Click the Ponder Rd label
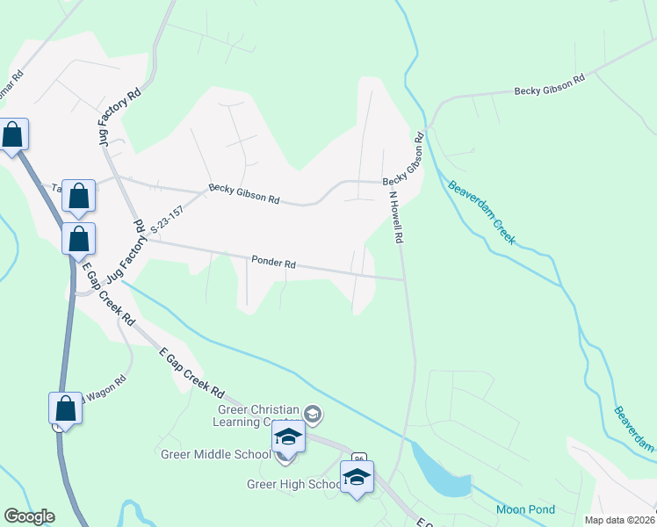click(x=273, y=262)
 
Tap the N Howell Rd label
click(x=395, y=217)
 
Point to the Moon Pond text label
click(x=525, y=509)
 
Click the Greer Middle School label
click(x=215, y=454)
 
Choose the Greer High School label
click(x=293, y=484)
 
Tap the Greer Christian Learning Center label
click(x=258, y=415)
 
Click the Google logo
click(x=29, y=516)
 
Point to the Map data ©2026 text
click(x=619, y=520)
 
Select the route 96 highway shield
click(x=358, y=458)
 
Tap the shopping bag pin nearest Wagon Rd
click(x=65, y=408)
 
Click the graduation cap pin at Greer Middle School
click(x=288, y=436)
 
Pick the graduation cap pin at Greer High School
click(x=357, y=477)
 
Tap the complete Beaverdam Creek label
click(x=481, y=213)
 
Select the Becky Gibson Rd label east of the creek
click(x=549, y=85)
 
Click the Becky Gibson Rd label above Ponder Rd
click(x=243, y=194)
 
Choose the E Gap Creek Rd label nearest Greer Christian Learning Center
click(x=192, y=372)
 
